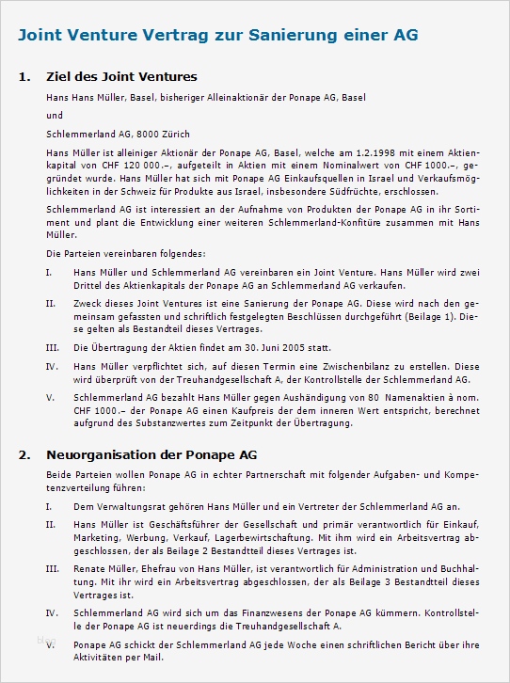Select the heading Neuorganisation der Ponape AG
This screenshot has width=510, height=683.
[x=151, y=453]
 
